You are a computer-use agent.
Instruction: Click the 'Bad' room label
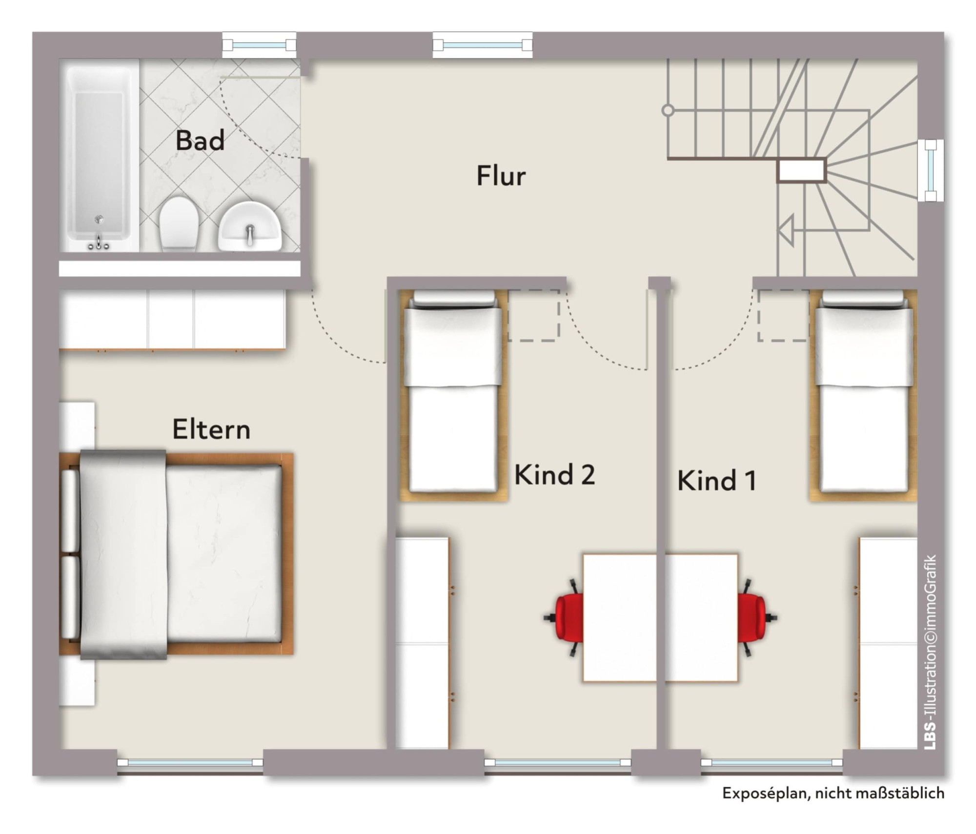[200, 141]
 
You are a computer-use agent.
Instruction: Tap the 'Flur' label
[501, 176]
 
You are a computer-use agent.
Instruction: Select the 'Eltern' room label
[211, 429]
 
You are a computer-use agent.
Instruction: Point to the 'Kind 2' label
[555, 474]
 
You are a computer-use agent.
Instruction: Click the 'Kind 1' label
[717, 480]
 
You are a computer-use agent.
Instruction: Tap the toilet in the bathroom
[179, 224]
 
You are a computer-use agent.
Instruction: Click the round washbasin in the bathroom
[250, 226]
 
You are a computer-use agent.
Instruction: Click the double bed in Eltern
[176, 555]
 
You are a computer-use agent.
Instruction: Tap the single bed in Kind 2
[454, 396]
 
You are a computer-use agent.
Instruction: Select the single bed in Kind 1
[863, 396]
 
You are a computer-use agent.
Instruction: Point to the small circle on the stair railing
[668, 110]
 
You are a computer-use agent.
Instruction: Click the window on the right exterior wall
[931, 170]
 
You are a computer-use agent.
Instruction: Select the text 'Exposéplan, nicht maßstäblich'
[833, 793]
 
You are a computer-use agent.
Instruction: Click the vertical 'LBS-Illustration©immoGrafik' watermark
[930, 652]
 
